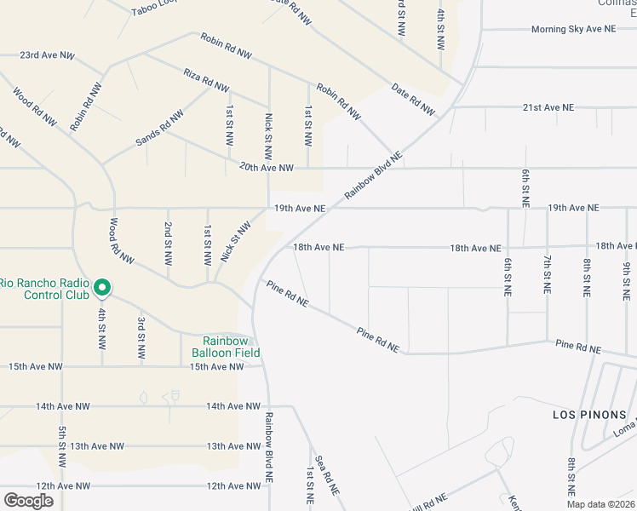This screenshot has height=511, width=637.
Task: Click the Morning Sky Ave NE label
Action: [x=572, y=29]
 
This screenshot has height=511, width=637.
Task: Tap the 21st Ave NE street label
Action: [x=548, y=108]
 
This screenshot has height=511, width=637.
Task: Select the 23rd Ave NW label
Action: [x=47, y=55]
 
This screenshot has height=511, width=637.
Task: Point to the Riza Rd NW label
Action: [x=206, y=81]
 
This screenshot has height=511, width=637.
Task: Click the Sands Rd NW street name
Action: [x=159, y=128]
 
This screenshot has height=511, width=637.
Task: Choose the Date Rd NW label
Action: [x=413, y=99]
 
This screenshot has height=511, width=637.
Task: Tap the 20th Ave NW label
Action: [x=266, y=168]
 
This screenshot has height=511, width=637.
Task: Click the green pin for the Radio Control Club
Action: [x=101, y=288]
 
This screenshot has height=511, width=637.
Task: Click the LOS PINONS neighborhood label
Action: [x=582, y=415]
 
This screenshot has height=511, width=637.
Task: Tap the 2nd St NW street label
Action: [x=168, y=241]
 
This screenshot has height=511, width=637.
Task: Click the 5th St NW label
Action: [x=62, y=446]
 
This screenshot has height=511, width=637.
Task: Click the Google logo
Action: [x=28, y=501]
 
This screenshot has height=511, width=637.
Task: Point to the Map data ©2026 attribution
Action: [x=600, y=504]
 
